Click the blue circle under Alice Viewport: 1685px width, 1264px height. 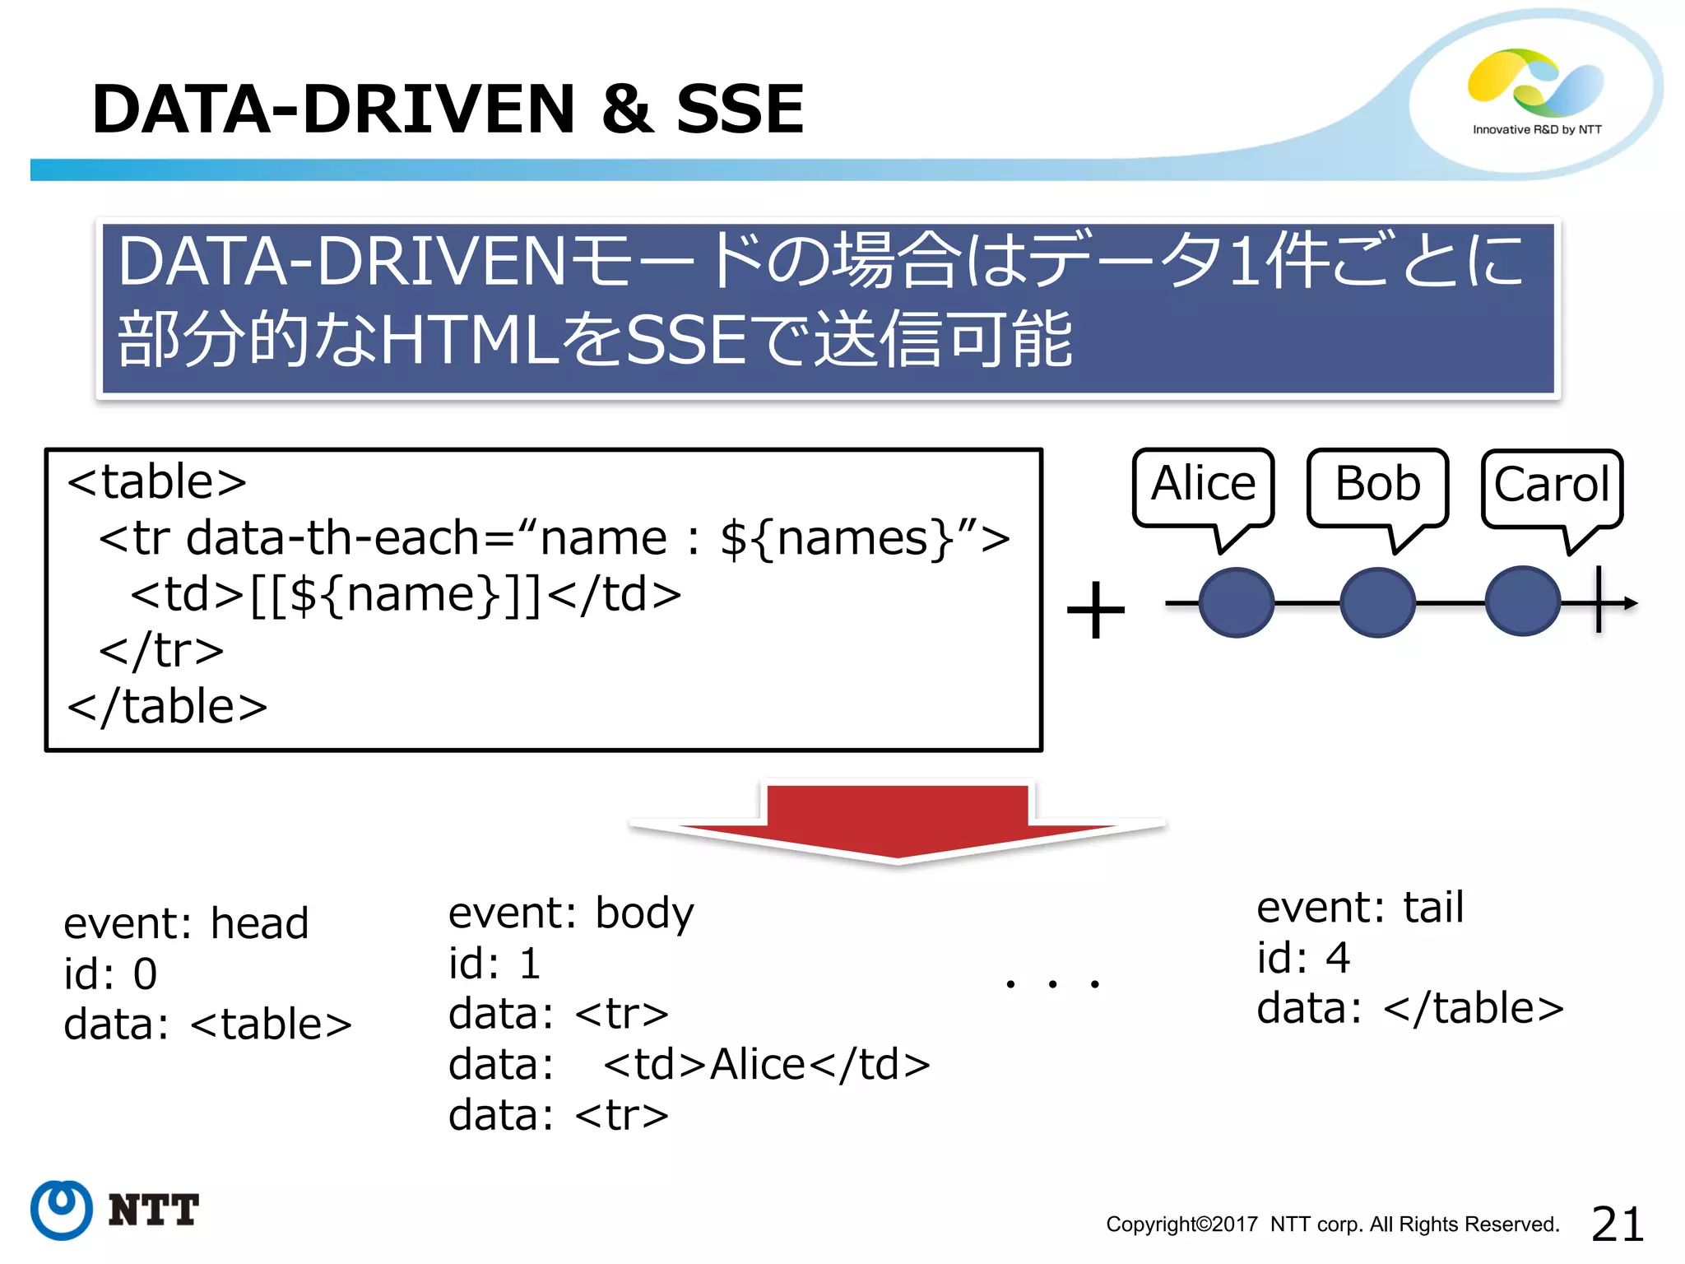tap(1236, 603)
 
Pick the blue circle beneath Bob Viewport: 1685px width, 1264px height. tap(1377, 603)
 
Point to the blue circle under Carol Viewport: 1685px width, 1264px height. tap(1523, 602)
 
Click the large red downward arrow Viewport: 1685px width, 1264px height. tap(897, 823)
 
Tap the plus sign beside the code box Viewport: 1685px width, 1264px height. tap(1095, 611)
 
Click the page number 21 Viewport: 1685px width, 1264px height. tap(1617, 1224)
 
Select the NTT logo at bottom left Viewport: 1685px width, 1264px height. tap(115, 1210)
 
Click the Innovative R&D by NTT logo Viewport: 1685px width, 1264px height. tap(1536, 92)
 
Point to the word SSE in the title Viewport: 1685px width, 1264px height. tap(739, 109)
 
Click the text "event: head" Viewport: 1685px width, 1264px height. tap(187, 923)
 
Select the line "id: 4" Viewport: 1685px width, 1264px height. tap(1303, 958)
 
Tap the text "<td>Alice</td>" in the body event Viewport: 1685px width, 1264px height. tap(767, 1065)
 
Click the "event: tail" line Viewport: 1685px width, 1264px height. tap(1360, 908)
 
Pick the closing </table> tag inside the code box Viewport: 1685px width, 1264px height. tap(167, 707)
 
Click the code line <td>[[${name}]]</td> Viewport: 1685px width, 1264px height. tap(406, 594)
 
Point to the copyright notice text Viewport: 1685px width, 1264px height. tap(1332, 1224)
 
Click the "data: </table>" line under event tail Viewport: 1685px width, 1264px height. tap(1409, 1009)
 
